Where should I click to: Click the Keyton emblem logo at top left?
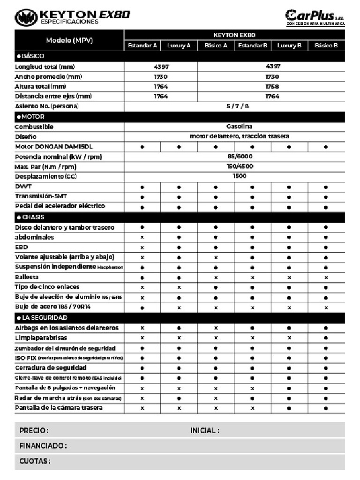[x=26, y=17]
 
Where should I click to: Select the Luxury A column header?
[x=179, y=45]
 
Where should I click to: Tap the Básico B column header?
[x=326, y=45]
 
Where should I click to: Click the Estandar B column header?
[x=253, y=45]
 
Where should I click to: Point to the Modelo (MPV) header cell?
[x=69, y=40]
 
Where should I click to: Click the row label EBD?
[x=21, y=247]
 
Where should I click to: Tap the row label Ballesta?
[x=27, y=277]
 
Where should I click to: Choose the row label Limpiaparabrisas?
[x=41, y=338]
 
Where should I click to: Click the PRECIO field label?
[x=34, y=430]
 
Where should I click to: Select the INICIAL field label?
[x=205, y=430]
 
